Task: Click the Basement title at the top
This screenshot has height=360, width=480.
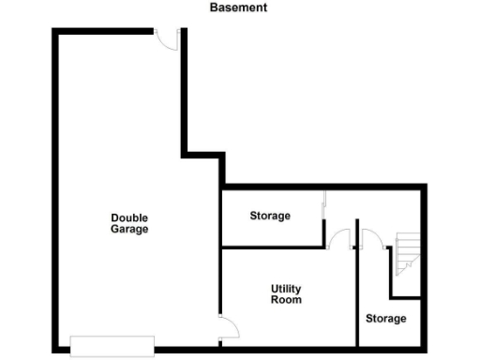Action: (239, 7)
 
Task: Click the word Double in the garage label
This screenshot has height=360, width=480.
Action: (129, 217)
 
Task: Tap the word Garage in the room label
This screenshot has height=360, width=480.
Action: (129, 229)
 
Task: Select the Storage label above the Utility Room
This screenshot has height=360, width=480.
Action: (270, 216)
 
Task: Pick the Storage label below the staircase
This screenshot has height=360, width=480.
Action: (386, 319)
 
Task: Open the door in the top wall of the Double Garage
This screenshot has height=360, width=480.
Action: (167, 37)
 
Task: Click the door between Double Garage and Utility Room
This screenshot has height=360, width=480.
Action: (228, 328)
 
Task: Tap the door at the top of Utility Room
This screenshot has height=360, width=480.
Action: (339, 240)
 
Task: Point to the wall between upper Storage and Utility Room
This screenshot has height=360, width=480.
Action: (272, 247)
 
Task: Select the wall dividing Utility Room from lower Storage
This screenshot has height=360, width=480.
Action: (359, 300)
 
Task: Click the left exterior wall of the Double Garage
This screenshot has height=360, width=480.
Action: (53, 187)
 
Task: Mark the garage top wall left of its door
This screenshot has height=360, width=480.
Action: (103, 32)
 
